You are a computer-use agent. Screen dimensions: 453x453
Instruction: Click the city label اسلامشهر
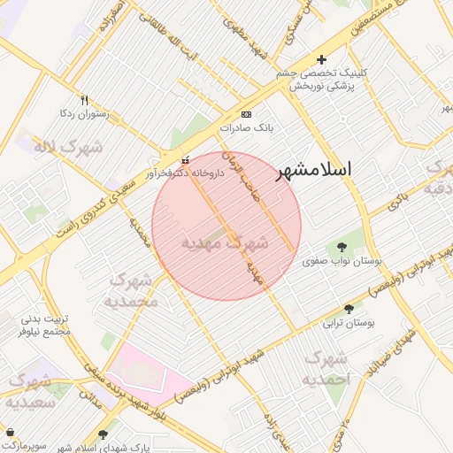[x=326, y=170]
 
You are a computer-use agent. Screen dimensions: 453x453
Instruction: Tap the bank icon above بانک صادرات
[x=246, y=115]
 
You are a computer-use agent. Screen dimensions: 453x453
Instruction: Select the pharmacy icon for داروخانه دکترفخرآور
[x=184, y=161]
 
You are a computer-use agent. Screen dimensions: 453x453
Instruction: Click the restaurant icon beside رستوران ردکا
[x=85, y=100]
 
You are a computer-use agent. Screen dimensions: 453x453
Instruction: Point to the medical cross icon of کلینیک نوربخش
[x=320, y=59]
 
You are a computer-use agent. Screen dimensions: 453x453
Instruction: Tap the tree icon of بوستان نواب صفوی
[x=342, y=248]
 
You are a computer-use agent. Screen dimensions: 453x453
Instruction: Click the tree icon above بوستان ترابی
[x=349, y=309]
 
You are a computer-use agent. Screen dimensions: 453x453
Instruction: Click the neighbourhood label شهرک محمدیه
[x=132, y=290]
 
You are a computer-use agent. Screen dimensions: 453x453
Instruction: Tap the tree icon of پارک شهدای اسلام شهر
[x=103, y=434]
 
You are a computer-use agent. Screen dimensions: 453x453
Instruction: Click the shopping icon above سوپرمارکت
[x=10, y=431]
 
